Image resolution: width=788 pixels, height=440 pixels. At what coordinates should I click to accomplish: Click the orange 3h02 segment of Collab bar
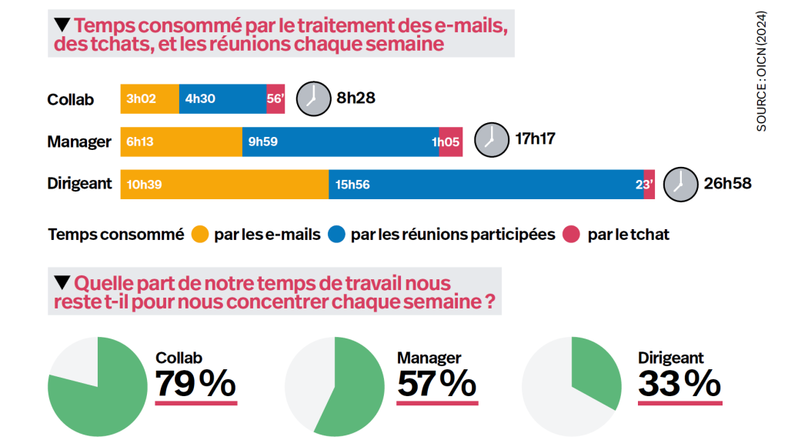tap(149, 99)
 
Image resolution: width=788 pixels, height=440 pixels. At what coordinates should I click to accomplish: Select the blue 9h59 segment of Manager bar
tap(340, 142)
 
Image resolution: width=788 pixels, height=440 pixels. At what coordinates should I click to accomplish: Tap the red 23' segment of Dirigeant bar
tap(649, 184)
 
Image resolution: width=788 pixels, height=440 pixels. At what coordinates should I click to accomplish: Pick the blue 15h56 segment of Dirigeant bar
tap(486, 184)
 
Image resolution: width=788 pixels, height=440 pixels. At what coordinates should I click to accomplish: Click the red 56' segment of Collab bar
tap(275, 99)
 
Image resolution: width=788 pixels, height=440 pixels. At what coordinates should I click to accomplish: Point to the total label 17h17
tap(536, 139)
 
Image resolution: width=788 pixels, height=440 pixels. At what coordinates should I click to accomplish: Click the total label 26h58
tap(727, 182)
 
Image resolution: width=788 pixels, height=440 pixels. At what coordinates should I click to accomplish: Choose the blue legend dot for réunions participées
tap(336, 234)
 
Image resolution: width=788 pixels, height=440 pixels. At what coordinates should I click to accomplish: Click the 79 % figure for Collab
tap(195, 385)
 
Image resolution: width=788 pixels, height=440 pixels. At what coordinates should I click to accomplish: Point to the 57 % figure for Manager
tap(436, 385)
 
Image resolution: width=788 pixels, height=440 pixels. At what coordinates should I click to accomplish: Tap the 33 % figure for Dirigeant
tap(679, 385)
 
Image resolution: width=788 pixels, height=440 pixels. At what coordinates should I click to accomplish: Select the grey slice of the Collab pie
tap(77, 362)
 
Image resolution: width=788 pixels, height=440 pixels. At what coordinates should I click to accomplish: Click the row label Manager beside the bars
tap(79, 142)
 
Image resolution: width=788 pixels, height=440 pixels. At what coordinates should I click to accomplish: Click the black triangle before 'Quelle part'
tap(61, 282)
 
